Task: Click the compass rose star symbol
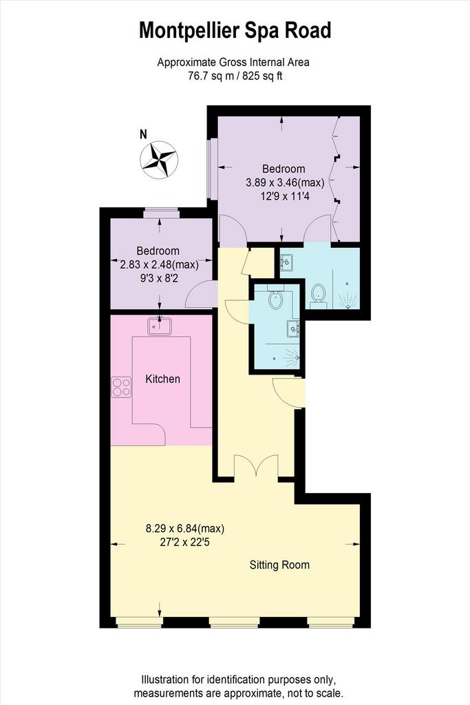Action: (159, 160)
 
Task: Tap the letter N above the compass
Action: (143, 134)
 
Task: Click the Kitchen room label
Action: (162, 379)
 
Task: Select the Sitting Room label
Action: (279, 565)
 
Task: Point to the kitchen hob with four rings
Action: (121, 387)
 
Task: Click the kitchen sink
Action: (160, 326)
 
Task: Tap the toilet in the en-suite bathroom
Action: (318, 295)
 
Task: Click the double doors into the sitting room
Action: (256, 466)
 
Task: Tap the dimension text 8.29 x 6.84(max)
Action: (185, 529)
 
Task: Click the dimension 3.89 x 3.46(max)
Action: (285, 182)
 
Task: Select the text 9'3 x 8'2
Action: (159, 278)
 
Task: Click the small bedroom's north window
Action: (160, 213)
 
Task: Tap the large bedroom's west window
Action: (212, 169)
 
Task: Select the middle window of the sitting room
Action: (234, 622)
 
